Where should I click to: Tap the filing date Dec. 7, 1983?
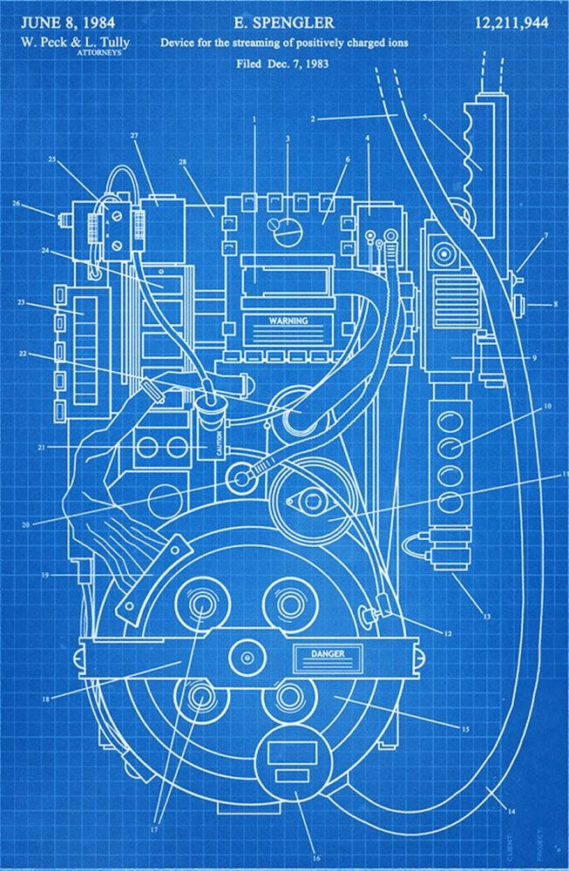coord(305,64)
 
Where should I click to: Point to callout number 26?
coord(16,204)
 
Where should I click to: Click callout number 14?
coord(512,813)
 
